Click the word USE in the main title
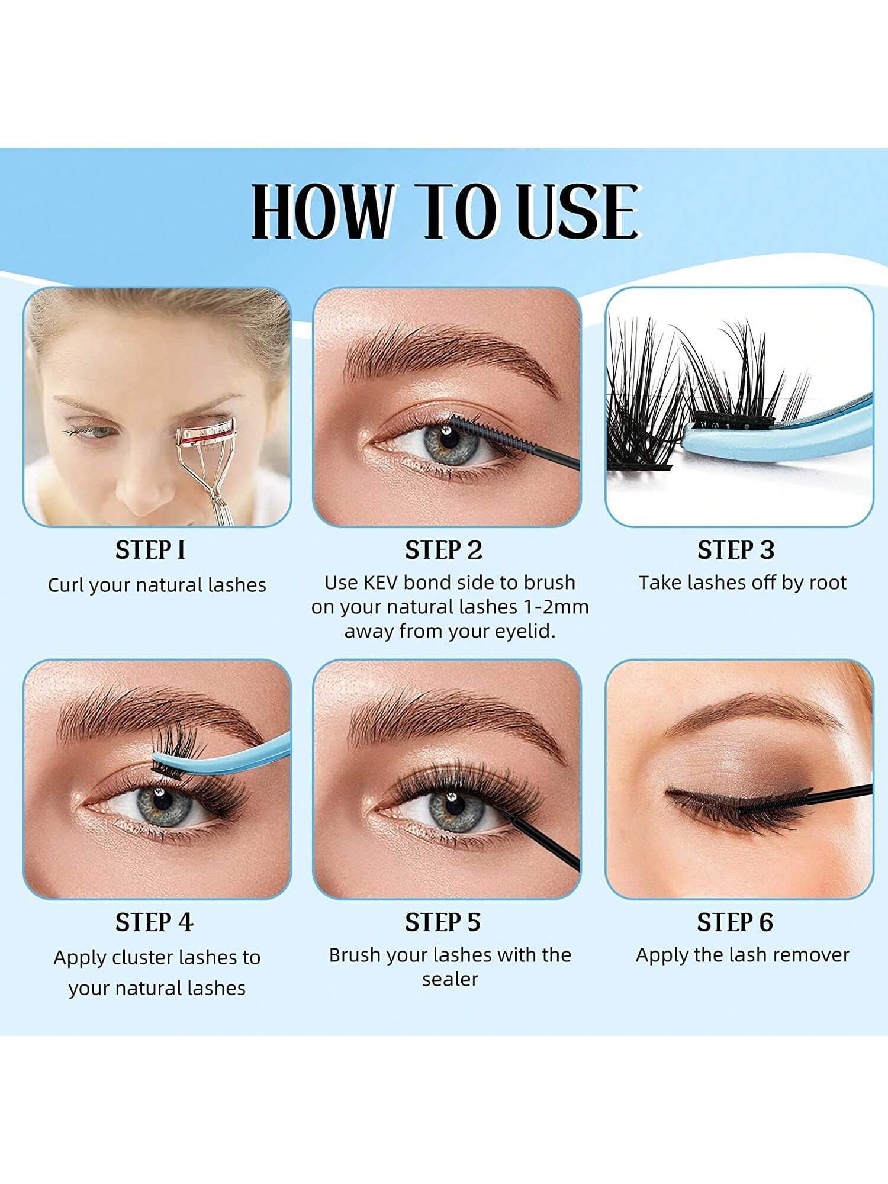tap(577, 211)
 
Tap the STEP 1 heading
tap(150, 550)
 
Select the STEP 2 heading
tap(443, 550)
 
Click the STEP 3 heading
tap(736, 550)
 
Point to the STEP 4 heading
tap(154, 922)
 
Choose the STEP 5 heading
tap(443, 922)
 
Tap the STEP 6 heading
tap(735, 922)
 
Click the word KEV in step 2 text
tap(382, 583)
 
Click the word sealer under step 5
tap(450, 980)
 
